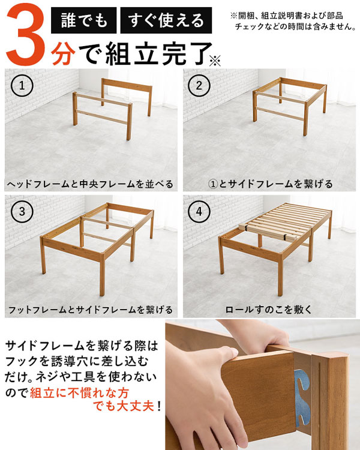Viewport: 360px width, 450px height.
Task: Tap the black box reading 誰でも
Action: pos(83,22)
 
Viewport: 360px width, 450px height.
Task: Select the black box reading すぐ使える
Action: pos(166,22)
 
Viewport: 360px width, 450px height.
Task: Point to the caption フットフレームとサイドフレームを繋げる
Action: pos(90,310)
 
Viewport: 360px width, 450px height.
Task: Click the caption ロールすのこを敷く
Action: pos(268,310)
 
